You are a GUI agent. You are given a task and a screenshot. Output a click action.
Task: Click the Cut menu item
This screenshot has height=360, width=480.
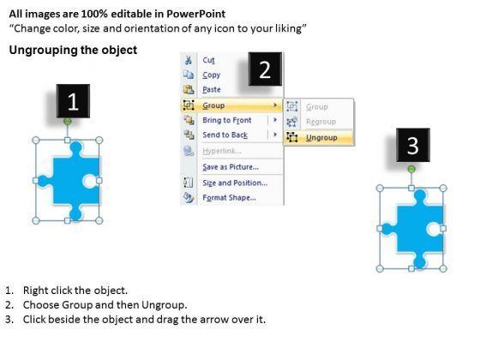click(208, 60)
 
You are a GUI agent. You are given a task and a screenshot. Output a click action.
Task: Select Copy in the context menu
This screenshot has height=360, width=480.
click(211, 75)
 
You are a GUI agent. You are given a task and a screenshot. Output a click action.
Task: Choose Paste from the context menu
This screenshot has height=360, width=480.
click(211, 89)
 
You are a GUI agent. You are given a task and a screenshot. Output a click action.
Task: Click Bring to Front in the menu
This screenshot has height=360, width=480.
click(227, 120)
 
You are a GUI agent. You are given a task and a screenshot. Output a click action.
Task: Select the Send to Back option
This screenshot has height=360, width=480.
click(225, 135)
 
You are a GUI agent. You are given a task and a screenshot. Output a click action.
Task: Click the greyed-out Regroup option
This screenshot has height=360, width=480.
click(321, 122)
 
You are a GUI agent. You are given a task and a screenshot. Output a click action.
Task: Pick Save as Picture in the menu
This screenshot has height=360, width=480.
click(231, 167)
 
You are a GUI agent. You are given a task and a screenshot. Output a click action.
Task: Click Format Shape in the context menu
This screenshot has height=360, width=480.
click(229, 197)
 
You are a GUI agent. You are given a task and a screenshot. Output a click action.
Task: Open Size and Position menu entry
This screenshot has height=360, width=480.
click(235, 183)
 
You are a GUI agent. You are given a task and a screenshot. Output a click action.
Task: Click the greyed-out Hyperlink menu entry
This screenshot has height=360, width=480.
click(222, 151)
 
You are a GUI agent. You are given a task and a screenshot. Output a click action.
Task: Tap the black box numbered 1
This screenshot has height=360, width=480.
click(73, 101)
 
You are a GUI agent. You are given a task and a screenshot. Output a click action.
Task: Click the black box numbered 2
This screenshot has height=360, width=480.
click(265, 69)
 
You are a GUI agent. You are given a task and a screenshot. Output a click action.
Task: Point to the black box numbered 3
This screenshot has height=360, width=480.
click(413, 145)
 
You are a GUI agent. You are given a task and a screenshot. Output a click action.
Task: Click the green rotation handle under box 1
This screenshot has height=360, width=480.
click(68, 122)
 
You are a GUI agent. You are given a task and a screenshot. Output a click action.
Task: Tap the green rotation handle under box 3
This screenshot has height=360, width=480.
click(411, 169)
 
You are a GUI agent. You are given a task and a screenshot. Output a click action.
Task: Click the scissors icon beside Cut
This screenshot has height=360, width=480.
click(189, 60)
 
